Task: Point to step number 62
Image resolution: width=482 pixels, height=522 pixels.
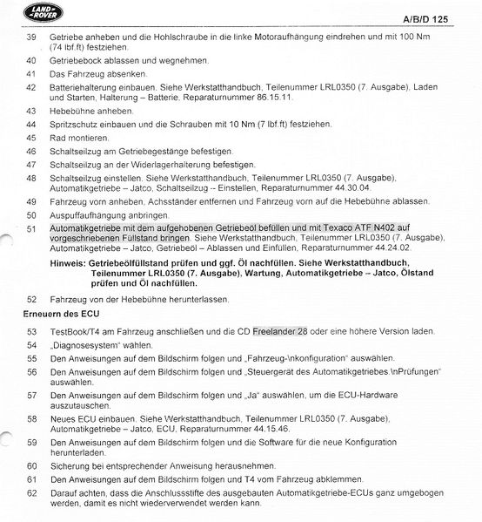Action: pos(31,494)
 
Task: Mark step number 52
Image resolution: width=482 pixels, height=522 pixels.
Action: pos(31,299)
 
